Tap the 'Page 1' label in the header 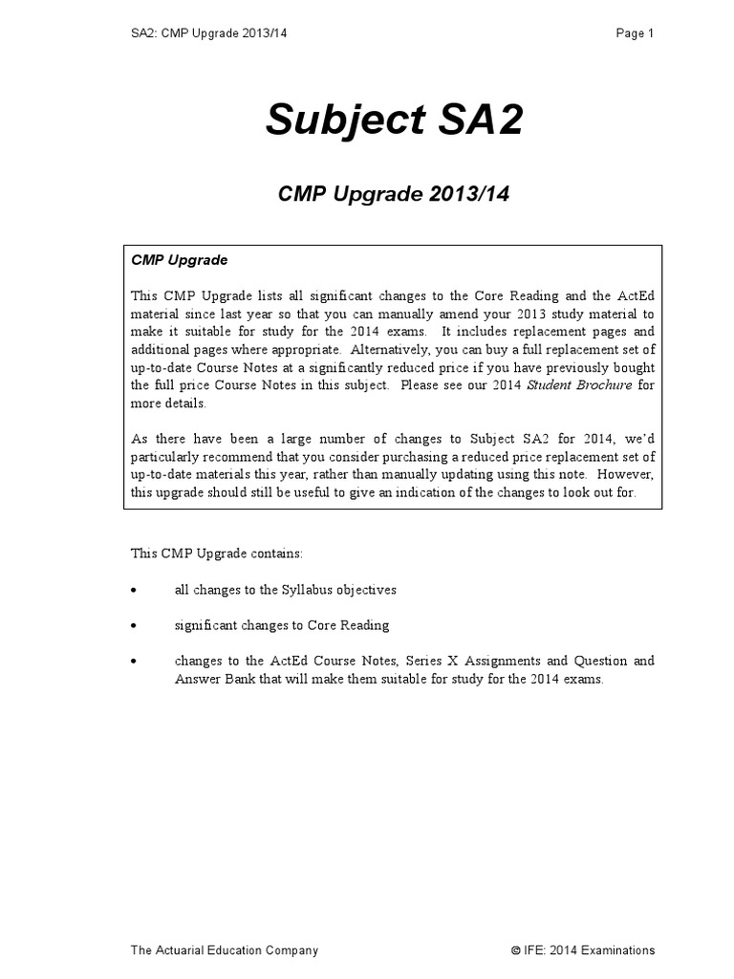635,33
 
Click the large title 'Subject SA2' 394,120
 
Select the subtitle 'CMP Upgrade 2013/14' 394,194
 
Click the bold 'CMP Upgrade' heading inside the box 180,260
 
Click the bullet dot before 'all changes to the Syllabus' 134,590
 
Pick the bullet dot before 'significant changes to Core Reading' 134,625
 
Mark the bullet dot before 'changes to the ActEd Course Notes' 134,662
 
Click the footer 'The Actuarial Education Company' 225,950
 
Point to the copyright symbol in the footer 515,951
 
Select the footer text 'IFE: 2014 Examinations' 590,950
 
